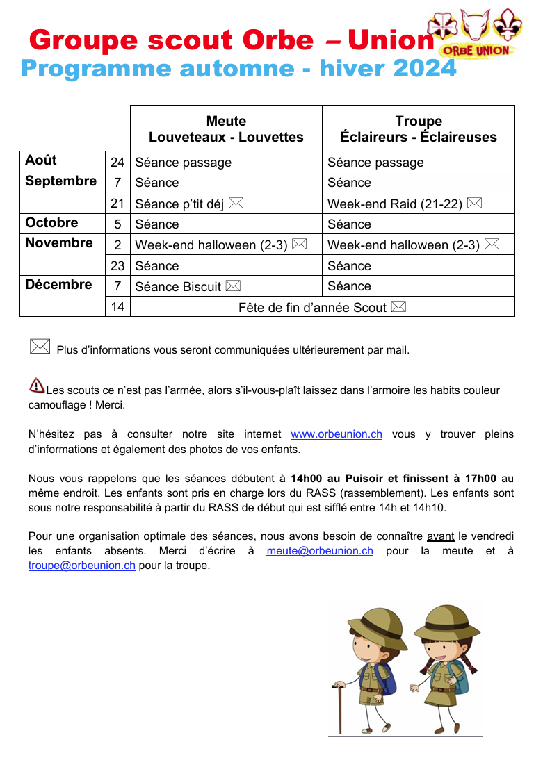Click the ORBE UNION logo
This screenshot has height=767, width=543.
click(476, 33)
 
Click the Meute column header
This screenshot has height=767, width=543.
click(226, 129)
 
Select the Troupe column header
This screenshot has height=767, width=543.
click(419, 129)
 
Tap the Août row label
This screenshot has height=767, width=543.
click(41, 160)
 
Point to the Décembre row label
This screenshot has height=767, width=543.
click(58, 285)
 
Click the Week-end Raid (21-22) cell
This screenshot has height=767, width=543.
click(404, 204)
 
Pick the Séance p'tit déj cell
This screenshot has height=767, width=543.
click(188, 204)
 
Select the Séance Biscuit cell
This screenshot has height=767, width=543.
click(187, 286)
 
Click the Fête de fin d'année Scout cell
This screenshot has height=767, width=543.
click(322, 307)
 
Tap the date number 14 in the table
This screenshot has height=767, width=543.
click(117, 307)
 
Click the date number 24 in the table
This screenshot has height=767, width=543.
click(117, 163)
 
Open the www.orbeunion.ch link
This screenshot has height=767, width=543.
click(336, 434)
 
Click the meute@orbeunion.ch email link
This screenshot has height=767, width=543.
click(320, 551)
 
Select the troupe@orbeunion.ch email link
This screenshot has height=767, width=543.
click(82, 566)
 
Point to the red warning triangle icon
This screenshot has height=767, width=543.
click(37, 385)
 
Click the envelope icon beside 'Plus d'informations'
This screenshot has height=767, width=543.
click(40, 346)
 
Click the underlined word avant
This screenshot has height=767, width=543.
click(440, 536)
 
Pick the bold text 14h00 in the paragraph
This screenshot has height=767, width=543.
click(306, 478)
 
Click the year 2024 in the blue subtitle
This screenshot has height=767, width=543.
click(424, 69)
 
